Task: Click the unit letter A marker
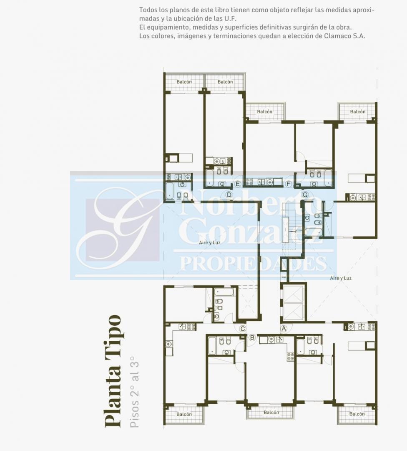point(284,329)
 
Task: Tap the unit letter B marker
point(252,337)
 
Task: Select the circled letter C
point(243,329)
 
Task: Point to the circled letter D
point(229,195)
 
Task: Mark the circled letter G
point(305,195)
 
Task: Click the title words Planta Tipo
point(113,371)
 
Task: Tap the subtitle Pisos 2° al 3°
point(134,392)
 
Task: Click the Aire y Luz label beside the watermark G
point(210,243)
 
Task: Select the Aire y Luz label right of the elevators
point(341,278)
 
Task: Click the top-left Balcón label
point(184,82)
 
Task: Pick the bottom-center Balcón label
point(271,413)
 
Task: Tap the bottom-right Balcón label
point(357,414)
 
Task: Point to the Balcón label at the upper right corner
point(358,111)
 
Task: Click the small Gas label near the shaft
point(284,277)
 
